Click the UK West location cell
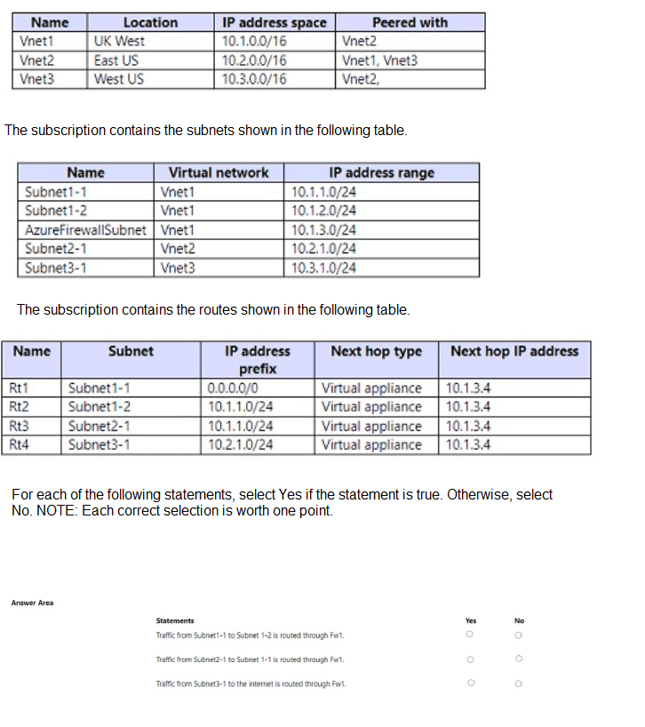119,41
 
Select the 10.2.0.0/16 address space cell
254,60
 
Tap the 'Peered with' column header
410,22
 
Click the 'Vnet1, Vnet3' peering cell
379,60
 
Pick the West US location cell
119,79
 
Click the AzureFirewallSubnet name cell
85,229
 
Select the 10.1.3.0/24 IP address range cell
323,229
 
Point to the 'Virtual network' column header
219,172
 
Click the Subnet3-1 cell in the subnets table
56,268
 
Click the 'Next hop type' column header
376,351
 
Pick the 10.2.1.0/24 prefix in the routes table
240,444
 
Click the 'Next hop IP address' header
514,351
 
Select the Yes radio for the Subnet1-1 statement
470,635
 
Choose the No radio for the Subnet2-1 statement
519,659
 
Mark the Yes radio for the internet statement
470,683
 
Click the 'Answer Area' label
32,603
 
